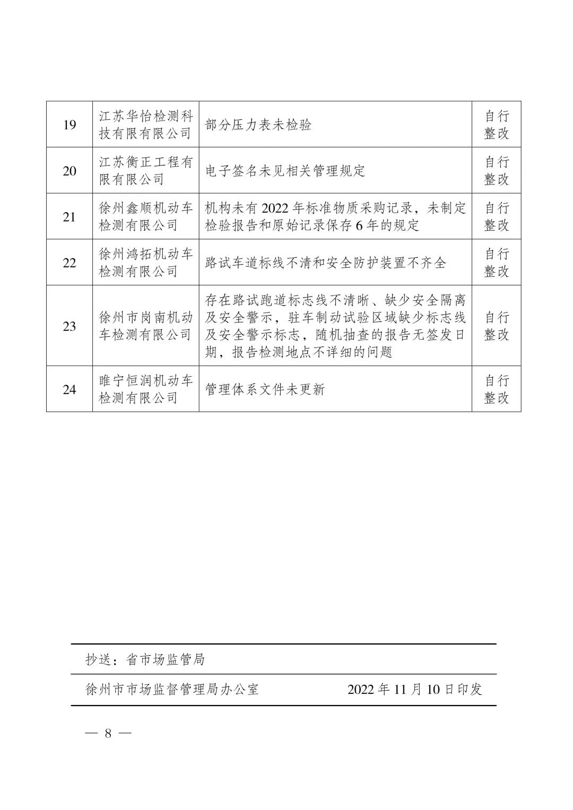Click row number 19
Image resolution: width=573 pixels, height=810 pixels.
point(70,125)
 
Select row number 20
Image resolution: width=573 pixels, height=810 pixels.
point(70,171)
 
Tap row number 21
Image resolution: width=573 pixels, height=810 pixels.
point(70,217)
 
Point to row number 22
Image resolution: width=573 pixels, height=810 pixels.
point(70,263)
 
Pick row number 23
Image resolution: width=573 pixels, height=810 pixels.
point(70,326)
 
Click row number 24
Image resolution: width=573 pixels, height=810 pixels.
point(70,389)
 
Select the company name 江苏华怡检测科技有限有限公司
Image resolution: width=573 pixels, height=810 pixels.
point(146,125)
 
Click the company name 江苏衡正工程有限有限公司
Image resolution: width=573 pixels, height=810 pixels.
point(146,171)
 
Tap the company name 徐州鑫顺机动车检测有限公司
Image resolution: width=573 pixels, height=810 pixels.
point(146,217)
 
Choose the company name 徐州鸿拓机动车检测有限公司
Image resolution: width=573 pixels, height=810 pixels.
point(146,263)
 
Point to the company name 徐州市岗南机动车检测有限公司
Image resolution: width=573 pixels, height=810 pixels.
point(146,326)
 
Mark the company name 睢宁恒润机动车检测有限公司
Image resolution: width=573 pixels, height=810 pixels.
point(146,389)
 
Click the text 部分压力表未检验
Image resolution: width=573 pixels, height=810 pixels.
point(258,125)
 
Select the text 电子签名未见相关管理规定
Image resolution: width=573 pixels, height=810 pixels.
point(285,171)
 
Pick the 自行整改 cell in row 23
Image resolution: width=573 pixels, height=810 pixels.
point(496,326)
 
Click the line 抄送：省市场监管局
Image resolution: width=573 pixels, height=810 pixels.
point(145,659)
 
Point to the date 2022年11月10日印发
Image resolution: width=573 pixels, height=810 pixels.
point(415,689)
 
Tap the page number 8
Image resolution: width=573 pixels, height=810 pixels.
point(108,734)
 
